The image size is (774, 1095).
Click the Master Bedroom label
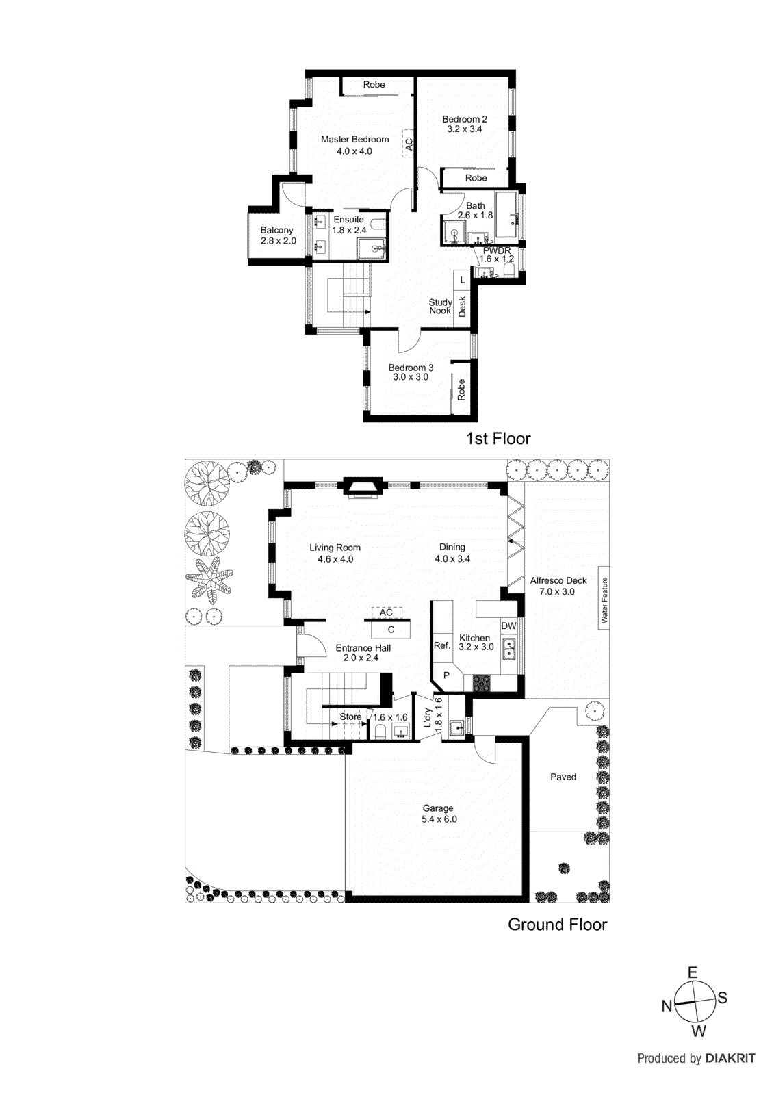click(x=354, y=139)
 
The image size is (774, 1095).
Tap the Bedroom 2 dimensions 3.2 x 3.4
click(x=464, y=129)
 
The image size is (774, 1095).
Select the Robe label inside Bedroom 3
click(x=461, y=389)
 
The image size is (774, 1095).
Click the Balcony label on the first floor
click(x=276, y=230)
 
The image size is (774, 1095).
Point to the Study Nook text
click(x=440, y=307)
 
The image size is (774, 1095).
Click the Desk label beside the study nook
click(x=463, y=306)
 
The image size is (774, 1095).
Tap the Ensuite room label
click(x=348, y=220)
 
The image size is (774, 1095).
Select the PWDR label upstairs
click(x=497, y=251)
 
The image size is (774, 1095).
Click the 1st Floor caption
click(x=498, y=439)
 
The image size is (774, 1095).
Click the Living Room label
click(x=335, y=547)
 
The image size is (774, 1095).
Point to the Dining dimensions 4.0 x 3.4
click(x=452, y=559)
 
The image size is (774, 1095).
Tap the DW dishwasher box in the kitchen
click(x=508, y=626)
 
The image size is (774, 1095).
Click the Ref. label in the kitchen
click(x=442, y=645)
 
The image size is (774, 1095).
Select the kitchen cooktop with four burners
click(x=482, y=682)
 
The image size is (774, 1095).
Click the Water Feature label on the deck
click(x=604, y=600)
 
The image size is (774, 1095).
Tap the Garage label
click(x=438, y=808)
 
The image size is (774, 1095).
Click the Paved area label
click(x=563, y=777)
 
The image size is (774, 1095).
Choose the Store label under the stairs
click(x=350, y=717)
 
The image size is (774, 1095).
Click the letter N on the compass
click(x=667, y=1006)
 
